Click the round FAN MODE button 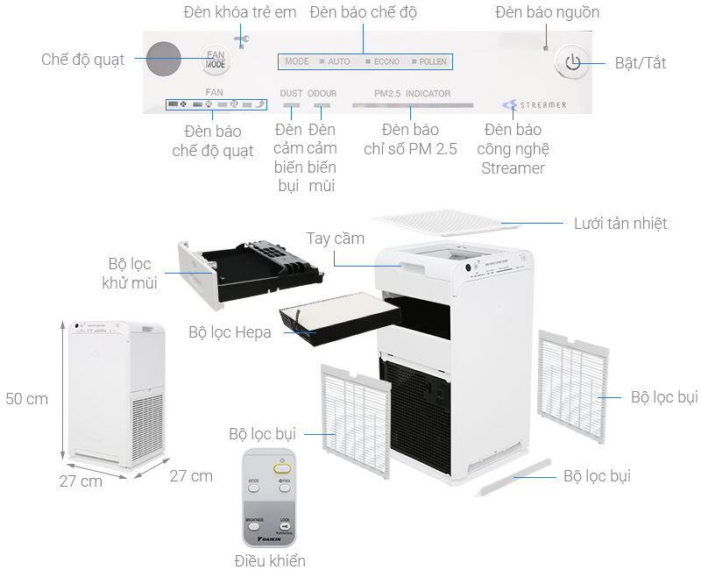(215, 60)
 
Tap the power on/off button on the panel (572, 62)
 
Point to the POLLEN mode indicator (432, 62)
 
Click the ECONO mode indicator (386, 62)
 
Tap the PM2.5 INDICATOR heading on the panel (412, 93)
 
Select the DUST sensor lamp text (291, 93)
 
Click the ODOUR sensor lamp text (323, 93)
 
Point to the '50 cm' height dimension (26, 398)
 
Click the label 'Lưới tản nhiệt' (620, 224)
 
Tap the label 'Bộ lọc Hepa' (230, 332)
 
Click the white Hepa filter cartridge (326, 312)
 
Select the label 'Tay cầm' (336, 239)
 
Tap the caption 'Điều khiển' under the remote (270, 559)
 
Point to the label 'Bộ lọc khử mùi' (130, 274)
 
